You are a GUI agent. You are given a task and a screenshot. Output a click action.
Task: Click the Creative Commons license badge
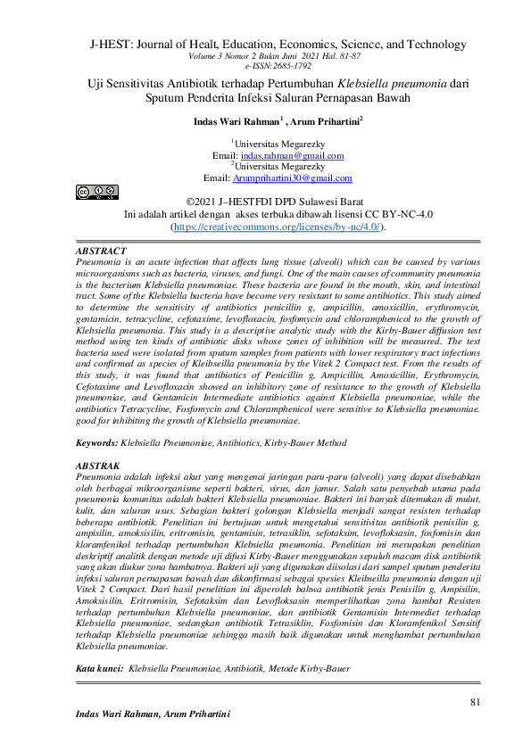point(96,191)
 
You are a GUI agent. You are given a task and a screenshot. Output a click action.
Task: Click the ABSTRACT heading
point(102,252)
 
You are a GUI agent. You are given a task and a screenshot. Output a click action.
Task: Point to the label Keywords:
point(97,442)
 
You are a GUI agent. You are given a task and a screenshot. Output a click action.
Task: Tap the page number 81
point(476,703)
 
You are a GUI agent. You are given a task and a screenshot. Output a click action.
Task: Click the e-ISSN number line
point(265,66)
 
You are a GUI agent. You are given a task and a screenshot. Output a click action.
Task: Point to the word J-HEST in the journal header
point(109,43)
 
